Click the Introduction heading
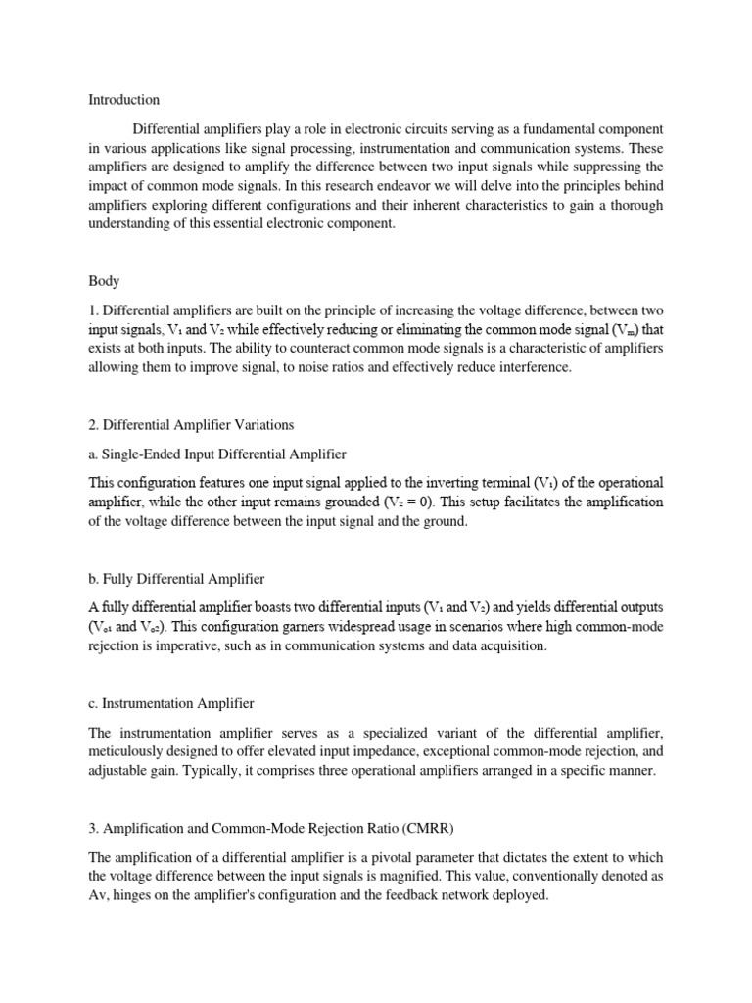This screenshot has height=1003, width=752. click(124, 99)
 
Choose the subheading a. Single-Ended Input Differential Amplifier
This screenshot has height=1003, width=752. click(216, 454)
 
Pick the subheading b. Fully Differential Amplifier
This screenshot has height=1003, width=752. click(176, 578)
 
